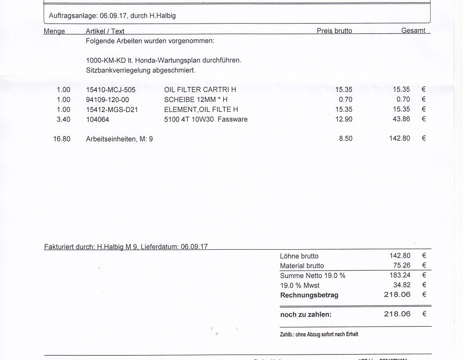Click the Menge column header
coord(54,31)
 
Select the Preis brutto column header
coord(334,31)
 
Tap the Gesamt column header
coord(413,31)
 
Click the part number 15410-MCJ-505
coord(110,90)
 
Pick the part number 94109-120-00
coord(107,99)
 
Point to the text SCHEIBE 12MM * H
coord(195,99)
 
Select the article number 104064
coord(97,119)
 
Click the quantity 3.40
coord(63,119)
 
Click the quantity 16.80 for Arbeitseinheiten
coord(61,139)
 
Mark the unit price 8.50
coord(345,139)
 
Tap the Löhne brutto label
coord(299,256)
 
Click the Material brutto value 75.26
coord(402,265)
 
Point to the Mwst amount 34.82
coord(402,285)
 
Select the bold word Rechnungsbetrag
coord(309,295)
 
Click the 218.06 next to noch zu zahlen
coord(397,314)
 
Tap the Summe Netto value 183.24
coord(400,275)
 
